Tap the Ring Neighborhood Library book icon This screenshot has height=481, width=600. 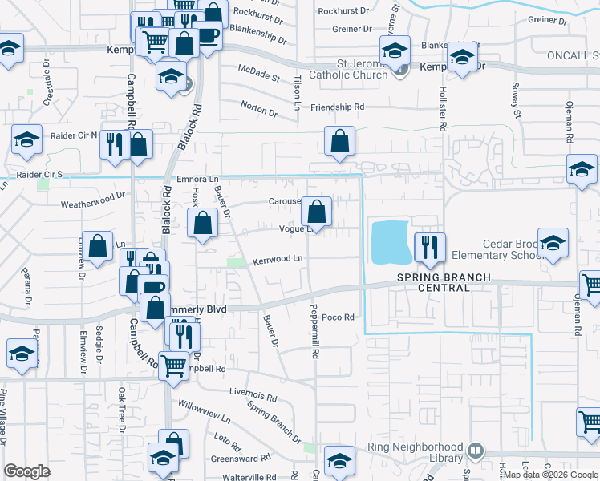pyautogui.click(x=476, y=451)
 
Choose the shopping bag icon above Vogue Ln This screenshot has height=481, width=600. pyautogui.click(x=317, y=212)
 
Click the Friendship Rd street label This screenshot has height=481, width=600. pyautogui.click(x=337, y=107)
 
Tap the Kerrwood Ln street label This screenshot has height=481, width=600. pyautogui.click(x=278, y=259)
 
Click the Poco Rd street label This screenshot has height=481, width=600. pyautogui.click(x=338, y=317)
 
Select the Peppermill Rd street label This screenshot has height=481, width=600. pyautogui.click(x=315, y=331)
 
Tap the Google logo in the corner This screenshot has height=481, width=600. pyautogui.click(x=26, y=471)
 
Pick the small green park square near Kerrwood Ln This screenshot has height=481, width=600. pyautogui.click(x=236, y=263)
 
